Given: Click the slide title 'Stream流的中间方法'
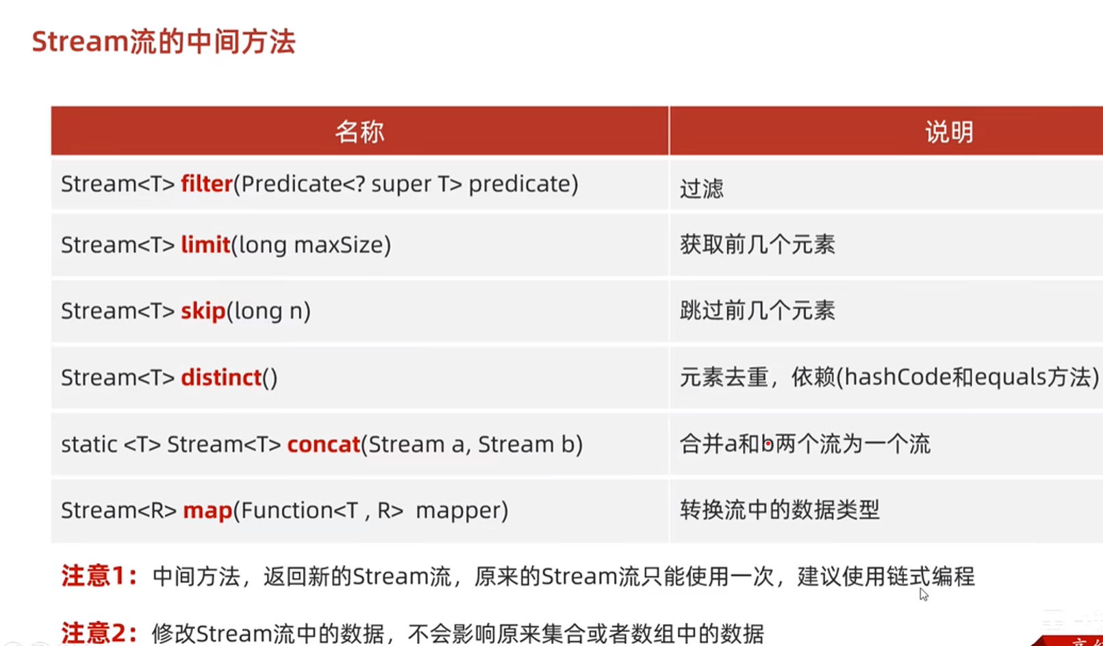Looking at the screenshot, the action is [x=164, y=41].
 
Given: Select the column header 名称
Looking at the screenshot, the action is [x=359, y=132].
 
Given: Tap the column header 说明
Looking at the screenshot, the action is [x=949, y=132].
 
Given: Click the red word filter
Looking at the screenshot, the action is [x=207, y=184].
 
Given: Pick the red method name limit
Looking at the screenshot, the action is [x=206, y=245].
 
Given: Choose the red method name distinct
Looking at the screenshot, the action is [x=221, y=377].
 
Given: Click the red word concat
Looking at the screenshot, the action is [x=324, y=445].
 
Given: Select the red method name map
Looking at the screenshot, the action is [x=207, y=511].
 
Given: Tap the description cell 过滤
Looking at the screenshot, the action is [x=702, y=188].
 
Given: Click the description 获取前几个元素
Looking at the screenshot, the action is [x=757, y=245].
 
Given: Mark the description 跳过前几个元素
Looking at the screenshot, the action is [x=757, y=311].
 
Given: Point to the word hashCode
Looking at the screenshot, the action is [x=898, y=377].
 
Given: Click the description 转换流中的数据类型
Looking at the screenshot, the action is [x=779, y=510].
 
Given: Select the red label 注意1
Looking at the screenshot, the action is [x=99, y=576].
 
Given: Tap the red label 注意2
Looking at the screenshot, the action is [x=99, y=633].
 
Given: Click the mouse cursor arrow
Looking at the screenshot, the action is [x=923, y=594].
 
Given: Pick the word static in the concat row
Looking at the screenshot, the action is [x=88, y=445].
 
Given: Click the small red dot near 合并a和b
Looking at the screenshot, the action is [x=768, y=444].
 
